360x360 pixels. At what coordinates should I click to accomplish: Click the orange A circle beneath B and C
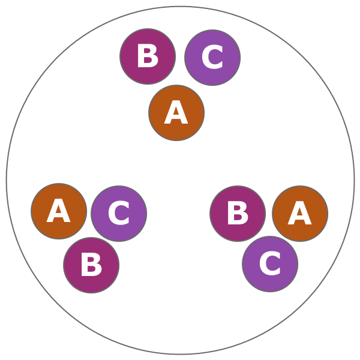coord(176,113)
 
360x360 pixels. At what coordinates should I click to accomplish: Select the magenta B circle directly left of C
coord(148,56)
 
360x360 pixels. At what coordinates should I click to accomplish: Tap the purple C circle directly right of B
coord(212,58)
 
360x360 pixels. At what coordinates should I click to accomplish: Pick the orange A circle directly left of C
coord(59,211)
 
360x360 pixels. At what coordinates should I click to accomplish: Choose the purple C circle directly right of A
coord(119,214)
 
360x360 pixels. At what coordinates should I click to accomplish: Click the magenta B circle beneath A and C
coord(91,265)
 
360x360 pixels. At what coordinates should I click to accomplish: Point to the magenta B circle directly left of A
coord(238,214)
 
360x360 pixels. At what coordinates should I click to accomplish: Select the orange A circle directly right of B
coord(300,214)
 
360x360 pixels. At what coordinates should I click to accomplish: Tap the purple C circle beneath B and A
coord(270,264)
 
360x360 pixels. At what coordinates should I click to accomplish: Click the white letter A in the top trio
coord(176,113)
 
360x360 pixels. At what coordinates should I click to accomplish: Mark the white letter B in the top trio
coord(147,57)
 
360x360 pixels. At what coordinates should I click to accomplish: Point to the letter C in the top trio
coord(212,58)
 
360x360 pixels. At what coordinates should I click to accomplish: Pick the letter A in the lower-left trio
coord(58,212)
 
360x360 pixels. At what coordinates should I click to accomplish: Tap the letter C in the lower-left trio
coord(119,214)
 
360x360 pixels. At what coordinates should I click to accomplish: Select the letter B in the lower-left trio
coord(91,266)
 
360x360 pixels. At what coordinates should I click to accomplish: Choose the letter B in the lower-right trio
coord(237,214)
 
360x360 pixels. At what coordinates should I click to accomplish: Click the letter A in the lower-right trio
coord(299,214)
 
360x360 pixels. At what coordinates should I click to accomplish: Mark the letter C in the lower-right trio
coord(270,265)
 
